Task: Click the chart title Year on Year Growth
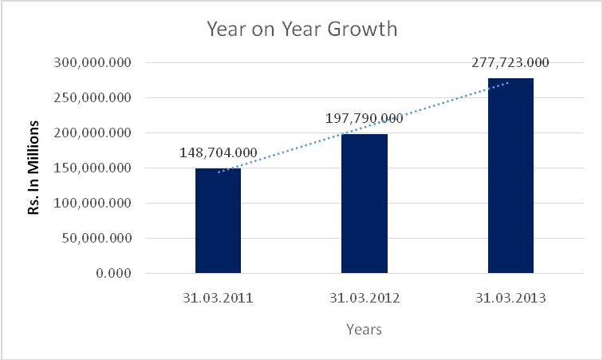(x=301, y=30)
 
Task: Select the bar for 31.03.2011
(x=218, y=220)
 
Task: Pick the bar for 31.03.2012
(x=365, y=204)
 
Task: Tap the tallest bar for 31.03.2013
(x=510, y=176)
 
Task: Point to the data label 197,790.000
(x=365, y=119)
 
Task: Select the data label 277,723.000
(x=510, y=63)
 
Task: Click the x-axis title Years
(x=364, y=329)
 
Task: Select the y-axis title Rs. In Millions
(x=34, y=168)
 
